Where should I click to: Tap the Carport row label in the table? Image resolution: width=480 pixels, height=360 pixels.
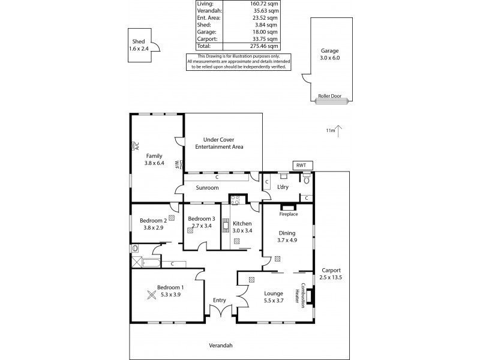[206, 39]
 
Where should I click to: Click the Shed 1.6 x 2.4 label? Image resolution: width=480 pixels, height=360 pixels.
[138, 44]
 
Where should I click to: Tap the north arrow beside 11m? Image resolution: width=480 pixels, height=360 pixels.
[340, 130]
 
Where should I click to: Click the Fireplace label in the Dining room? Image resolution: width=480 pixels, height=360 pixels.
[289, 214]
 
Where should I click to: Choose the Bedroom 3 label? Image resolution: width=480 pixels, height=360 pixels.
[201, 222]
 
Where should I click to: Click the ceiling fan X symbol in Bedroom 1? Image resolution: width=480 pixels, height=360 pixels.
[151, 294]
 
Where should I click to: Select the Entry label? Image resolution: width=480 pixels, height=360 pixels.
[219, 301]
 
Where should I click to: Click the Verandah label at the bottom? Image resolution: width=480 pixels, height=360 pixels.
[220, 345]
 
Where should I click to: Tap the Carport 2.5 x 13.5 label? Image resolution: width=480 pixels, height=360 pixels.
[331, 273]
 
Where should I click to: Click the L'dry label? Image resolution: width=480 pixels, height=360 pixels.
[283, 187]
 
